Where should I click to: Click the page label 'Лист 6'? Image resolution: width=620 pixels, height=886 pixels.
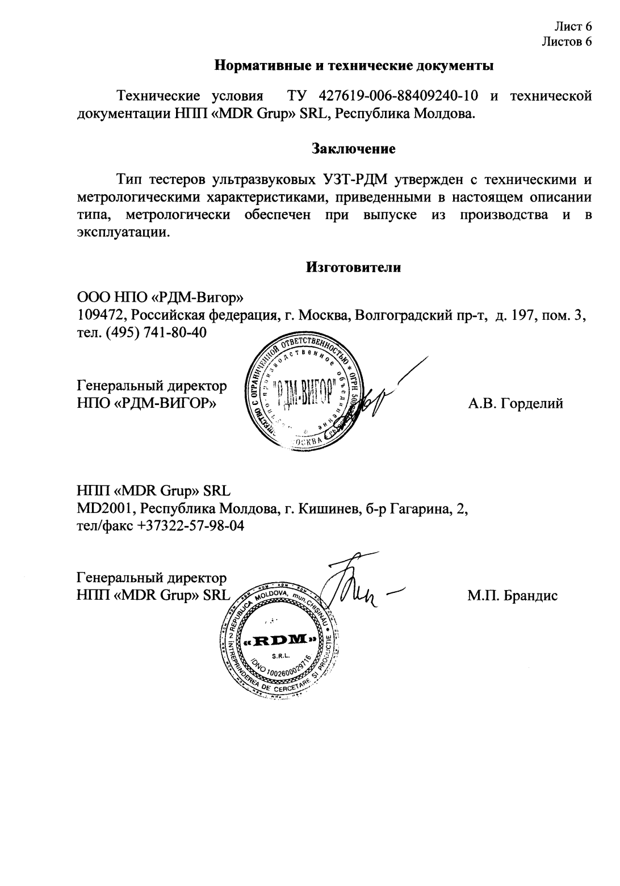tap(573, 26)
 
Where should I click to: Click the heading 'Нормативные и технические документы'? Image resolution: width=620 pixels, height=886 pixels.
tap(354, 66)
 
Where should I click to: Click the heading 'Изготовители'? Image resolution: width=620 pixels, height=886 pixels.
tap(354, 268)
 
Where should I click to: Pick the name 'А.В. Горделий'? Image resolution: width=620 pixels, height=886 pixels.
tap(516, 404)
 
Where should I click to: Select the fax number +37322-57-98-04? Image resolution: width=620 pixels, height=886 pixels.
tap(191, 526)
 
